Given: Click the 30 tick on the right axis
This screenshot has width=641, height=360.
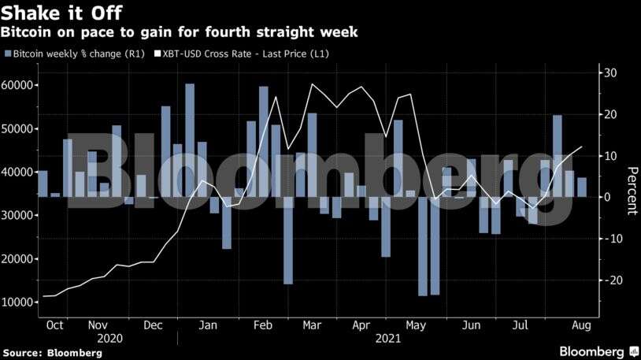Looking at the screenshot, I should [610, 73].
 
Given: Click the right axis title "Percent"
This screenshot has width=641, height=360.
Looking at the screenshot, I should [631, 191].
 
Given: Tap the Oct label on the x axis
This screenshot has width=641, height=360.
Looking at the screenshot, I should [55, 325].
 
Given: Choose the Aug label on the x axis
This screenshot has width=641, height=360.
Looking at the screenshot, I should [580, 325].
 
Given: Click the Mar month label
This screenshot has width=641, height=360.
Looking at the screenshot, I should [313, 325].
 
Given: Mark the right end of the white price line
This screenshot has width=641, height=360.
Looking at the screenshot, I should [582, 147].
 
